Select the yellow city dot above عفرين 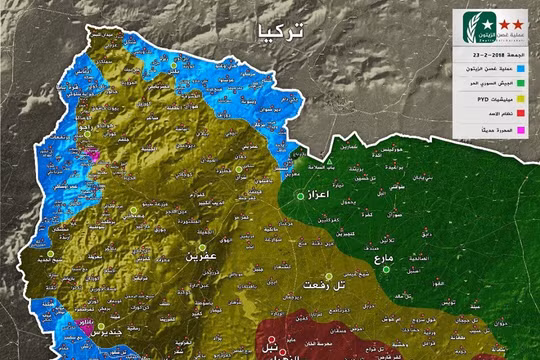201,246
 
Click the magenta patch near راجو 92,156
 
